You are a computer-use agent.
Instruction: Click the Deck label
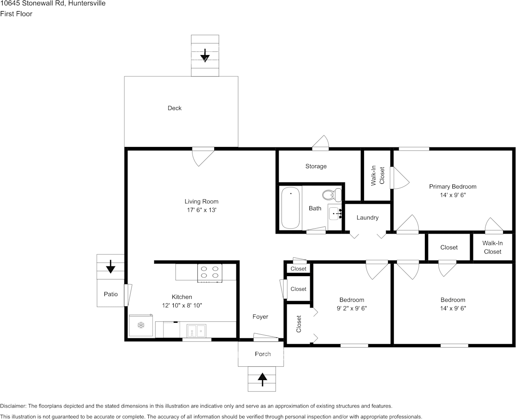(x=174, y=108)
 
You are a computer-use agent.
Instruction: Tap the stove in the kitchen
(x=210, y=273)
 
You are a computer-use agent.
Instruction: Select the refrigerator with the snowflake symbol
(x=141, y=325)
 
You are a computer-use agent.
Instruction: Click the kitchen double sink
(x=196, y=331)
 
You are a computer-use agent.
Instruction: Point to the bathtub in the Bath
(x=291, y=208)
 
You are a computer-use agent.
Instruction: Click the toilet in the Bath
(x=332, y=194)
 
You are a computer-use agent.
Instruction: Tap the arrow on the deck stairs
(x=205, y=55)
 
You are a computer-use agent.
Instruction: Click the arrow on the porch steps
(x=262, y=379)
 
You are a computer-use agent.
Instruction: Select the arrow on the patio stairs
(x=111, y=266)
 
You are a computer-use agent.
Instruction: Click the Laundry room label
(x=368, y=218)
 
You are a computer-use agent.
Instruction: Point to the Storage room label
(x=316, y=166)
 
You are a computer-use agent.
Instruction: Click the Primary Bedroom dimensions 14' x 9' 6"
(x=453, y=195)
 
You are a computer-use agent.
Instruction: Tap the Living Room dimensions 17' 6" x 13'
(x=201, y=210)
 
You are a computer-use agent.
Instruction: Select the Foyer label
(x=260, y=317)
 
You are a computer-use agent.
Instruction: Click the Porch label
(x=263, y=354)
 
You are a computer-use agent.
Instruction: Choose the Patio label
(x=111, y=294)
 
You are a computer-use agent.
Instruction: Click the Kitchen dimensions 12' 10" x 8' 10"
(x=182, y=305)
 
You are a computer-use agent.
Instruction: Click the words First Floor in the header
(x=16, y=14)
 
